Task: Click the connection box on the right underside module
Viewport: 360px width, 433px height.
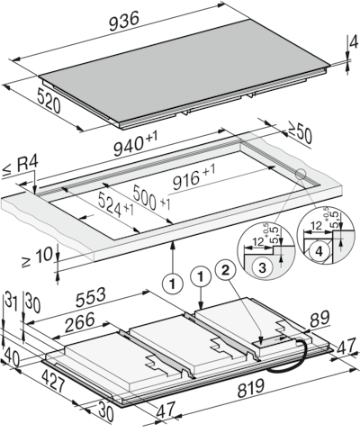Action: click(x=268, y=340)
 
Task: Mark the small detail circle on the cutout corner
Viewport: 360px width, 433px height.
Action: click(x=299, y=176)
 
